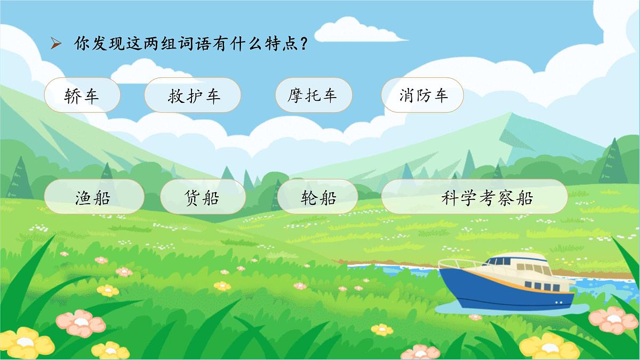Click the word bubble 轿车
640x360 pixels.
point(82,95)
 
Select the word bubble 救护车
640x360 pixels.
point(193,95)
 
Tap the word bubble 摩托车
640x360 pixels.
point(313,95)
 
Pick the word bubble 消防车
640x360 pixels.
point(422,95)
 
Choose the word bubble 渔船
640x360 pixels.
point(94,197)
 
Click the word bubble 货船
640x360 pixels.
point(203,197)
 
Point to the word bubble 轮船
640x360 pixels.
point(318,197)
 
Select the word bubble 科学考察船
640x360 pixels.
point(474,197)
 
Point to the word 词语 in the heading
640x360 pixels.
point(180,43)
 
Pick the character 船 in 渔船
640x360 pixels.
point(102,198)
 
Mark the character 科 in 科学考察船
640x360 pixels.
point(450,198)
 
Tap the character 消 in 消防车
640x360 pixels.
point(406,95)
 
